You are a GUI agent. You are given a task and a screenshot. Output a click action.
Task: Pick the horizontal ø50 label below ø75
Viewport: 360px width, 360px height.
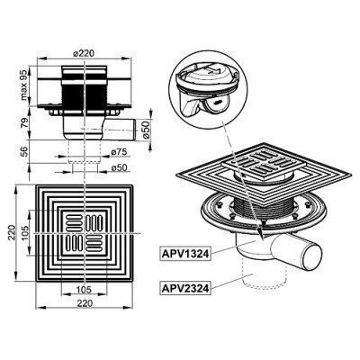[116, 167]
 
